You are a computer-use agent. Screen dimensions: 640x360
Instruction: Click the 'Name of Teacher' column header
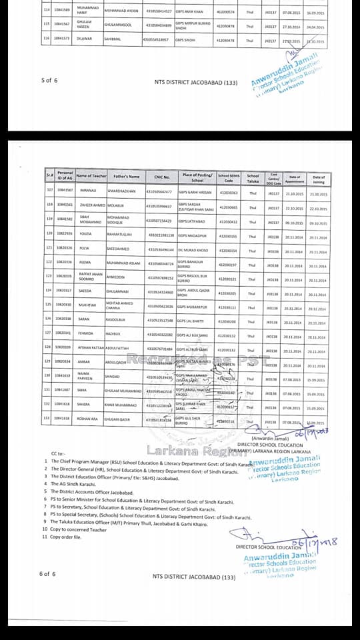91,176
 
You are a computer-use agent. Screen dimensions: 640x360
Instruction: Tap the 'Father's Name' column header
125,177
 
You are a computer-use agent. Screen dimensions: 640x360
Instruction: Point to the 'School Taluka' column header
253,177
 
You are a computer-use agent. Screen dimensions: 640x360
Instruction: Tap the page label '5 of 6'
49,80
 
